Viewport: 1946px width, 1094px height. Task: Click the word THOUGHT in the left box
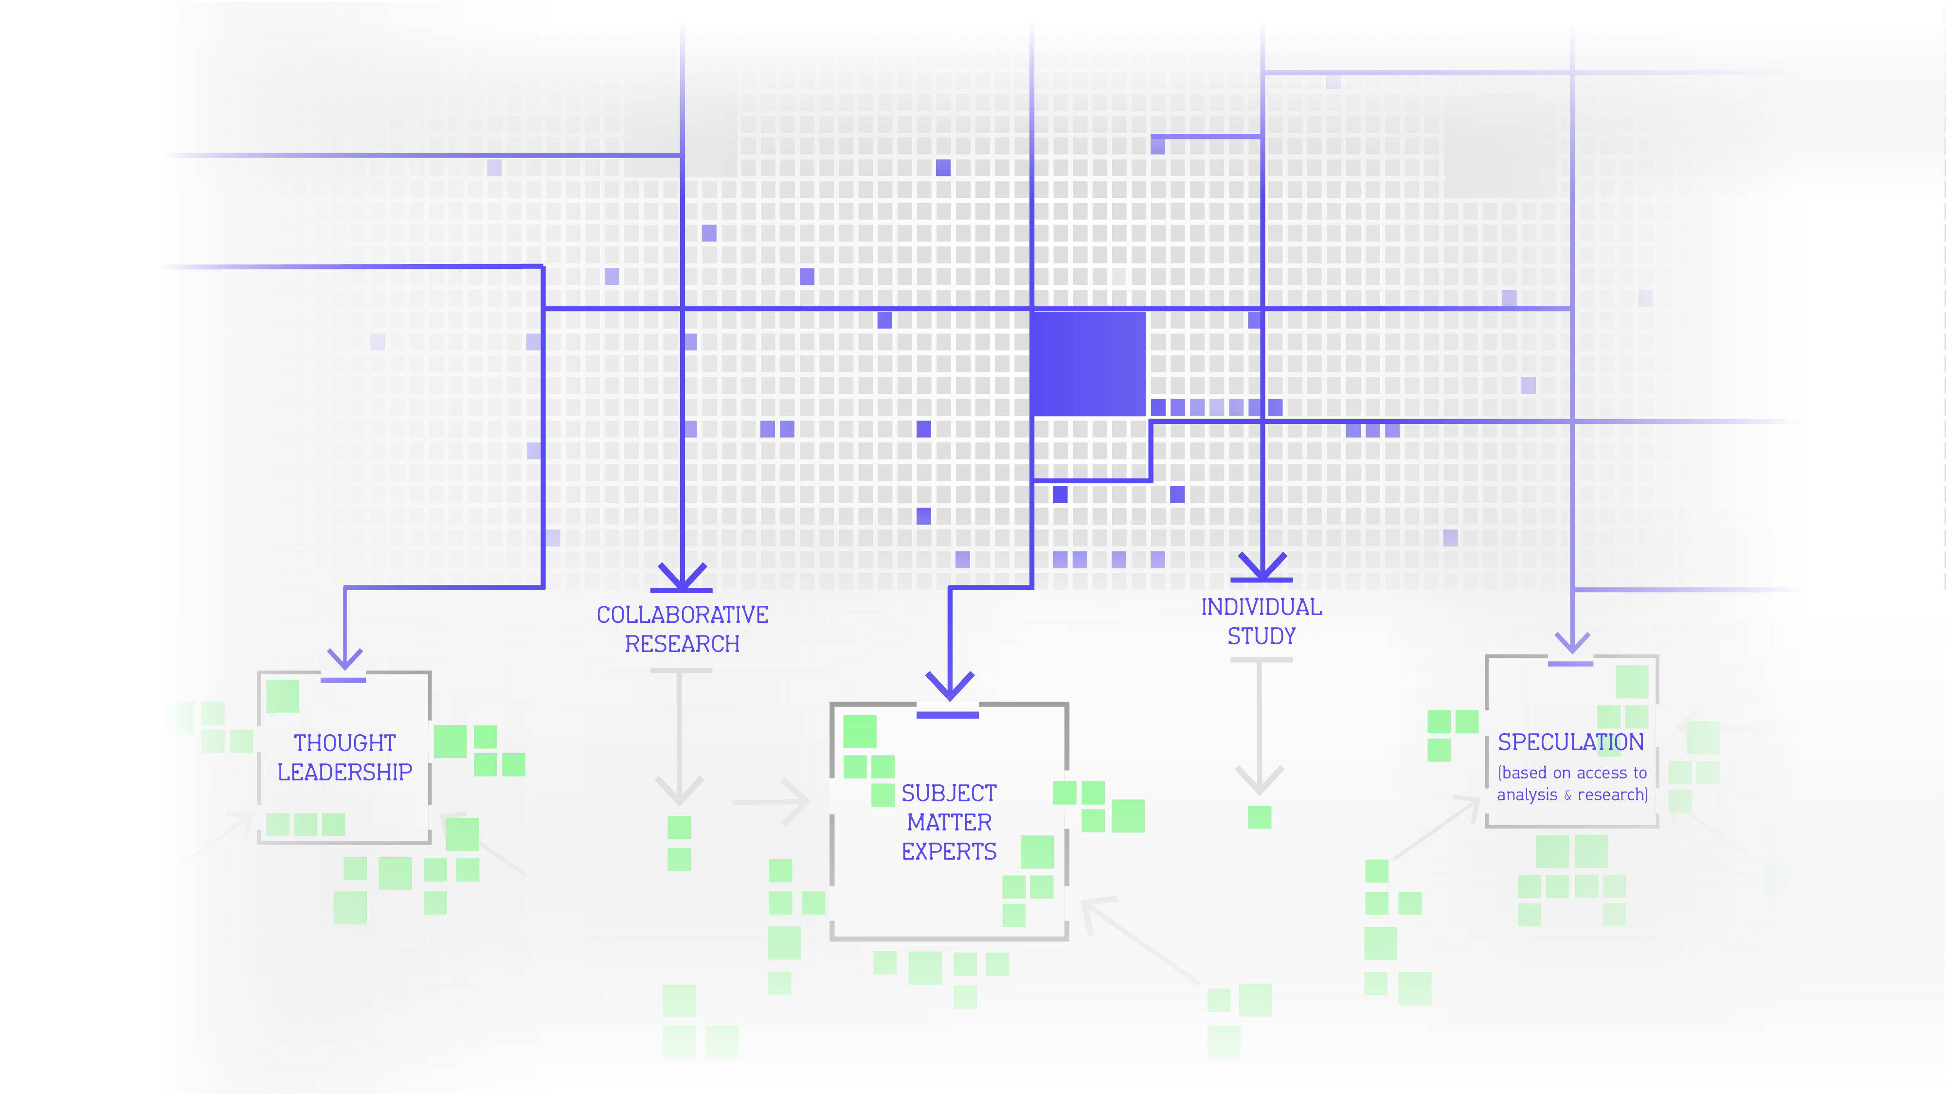click(x=344, y=743)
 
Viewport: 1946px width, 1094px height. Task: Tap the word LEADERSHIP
click(x=344, y=773)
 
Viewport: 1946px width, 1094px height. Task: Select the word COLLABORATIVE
click(x=682, y=615)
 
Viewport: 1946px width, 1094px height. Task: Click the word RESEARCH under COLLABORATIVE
click(x=682, y=644)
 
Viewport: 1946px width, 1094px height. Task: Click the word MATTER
click(x=949, y=822)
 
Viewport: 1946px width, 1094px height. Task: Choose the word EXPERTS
click(x=949, y=852)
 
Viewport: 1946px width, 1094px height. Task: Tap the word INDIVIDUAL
click(x=1261, y=607)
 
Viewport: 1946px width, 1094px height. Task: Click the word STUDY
click(x=1261, y=636)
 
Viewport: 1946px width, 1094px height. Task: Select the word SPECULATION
click(x=1570, y=742)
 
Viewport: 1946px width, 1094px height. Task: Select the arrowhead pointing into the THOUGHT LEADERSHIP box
click(x=344, y=658)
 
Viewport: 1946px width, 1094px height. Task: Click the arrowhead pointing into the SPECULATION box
click(x=1572, y=643)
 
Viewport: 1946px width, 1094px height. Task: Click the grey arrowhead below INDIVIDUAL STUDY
click(x=1260, y=780)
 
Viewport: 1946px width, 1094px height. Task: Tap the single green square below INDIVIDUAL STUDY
click(x=1260, y=817)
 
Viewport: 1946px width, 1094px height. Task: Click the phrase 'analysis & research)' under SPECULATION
click(x=1571, y=795)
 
